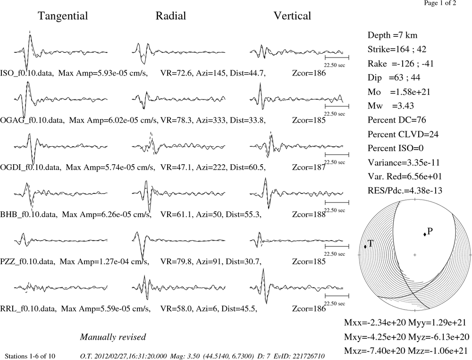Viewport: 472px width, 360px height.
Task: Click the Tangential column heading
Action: click(63, 16)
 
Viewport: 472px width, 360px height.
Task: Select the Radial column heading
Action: click(171, 16)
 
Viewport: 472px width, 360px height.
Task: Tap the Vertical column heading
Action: click(292, 16)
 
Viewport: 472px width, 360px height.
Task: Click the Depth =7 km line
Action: click(392, 35)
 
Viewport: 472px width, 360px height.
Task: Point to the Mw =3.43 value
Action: click(391, 106)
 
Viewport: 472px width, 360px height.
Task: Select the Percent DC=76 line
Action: click(397, 120)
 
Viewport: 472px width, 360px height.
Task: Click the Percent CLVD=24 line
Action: click(403, 134)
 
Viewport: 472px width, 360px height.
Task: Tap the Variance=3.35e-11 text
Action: click(404, 162)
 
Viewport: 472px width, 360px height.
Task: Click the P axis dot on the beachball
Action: click(425, 234)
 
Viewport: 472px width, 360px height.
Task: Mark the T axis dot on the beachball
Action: click(365, 246)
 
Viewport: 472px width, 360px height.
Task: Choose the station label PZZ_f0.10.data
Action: click(27, 261)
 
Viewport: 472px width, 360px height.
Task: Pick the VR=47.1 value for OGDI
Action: click(176, 167)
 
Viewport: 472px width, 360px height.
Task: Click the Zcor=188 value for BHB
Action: click(309, 214)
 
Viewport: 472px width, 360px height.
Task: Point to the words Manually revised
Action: click(113, 337)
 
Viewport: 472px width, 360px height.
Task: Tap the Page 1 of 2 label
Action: click(440, 3)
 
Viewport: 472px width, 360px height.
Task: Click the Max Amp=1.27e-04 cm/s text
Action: click(104, 261)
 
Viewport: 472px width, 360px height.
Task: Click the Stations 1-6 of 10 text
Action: click(30, 356)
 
